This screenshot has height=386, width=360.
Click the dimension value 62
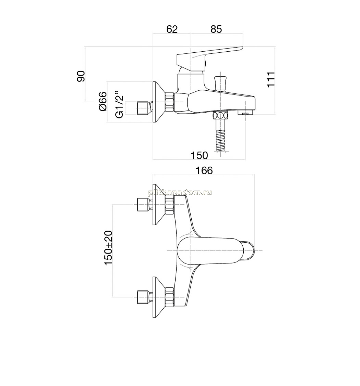(x=172, y=29)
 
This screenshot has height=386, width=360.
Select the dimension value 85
(x=216, y=29)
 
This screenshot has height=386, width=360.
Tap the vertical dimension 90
(x=81, y=76)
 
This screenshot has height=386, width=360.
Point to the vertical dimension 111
(x=271, y=79)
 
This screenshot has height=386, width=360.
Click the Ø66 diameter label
(x=103, y=101)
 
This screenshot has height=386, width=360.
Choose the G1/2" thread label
(x=119, y=104)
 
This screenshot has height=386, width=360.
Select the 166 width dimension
(x=204, y=170)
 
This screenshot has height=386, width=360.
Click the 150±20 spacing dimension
(x=108, y=248)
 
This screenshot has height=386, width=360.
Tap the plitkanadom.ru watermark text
(x=180, y=193)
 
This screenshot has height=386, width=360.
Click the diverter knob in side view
(x=220, y=83)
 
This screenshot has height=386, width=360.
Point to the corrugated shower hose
(x=221, y=140)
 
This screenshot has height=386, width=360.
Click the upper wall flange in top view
(x=158, y=204)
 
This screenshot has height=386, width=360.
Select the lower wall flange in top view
(x=158, y=297)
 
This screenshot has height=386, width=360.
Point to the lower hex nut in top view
(x=170, y=297)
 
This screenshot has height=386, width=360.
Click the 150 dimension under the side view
(x=200, y=155)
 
